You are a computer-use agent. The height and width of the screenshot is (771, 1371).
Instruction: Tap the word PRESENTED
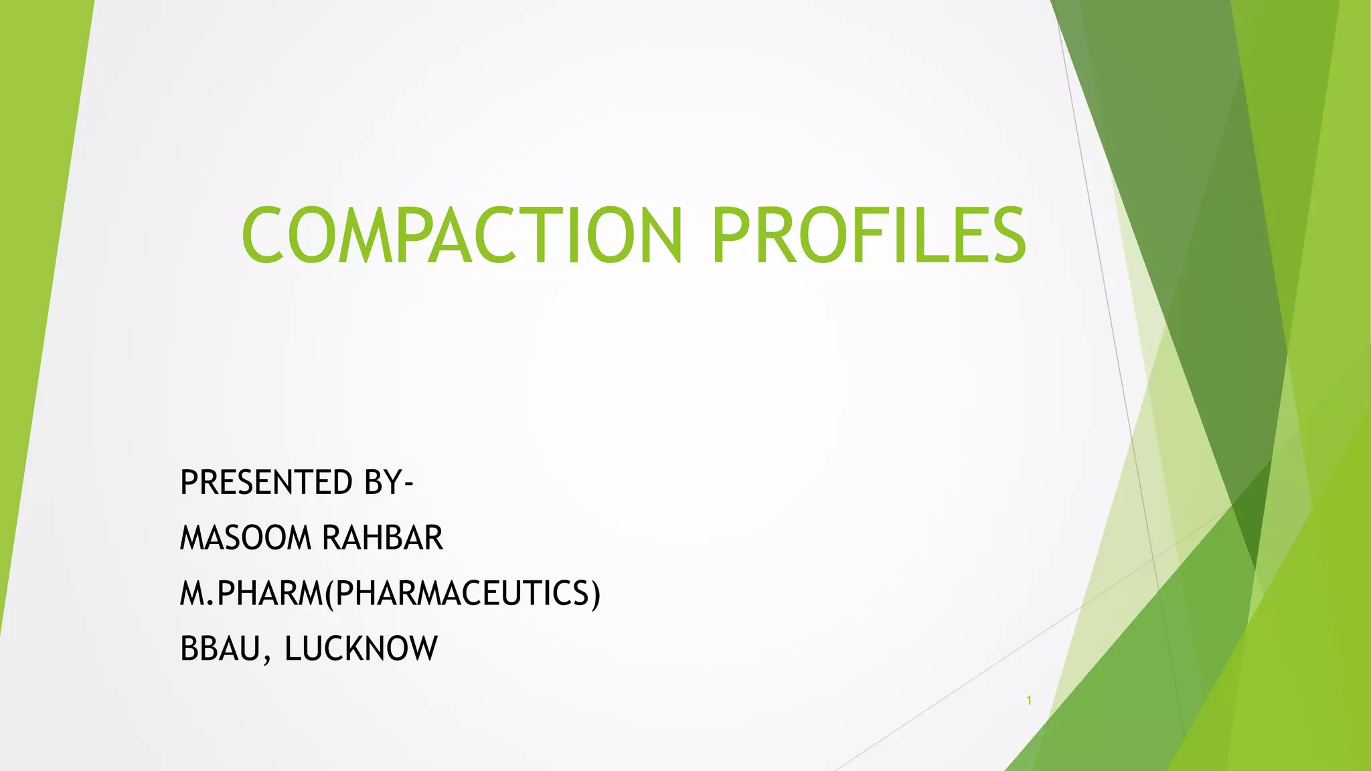(x=266, y=483)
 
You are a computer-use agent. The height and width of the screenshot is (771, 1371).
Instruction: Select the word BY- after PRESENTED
(x=388, y=483)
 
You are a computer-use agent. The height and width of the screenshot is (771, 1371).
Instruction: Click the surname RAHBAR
(x=382, y=538)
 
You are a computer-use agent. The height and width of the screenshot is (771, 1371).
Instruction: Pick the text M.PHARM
(x=252, y=594)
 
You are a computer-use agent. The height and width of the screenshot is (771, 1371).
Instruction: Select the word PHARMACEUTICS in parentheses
(x=462, y=594)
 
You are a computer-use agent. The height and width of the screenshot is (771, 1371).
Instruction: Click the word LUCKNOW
(x=361, y=649)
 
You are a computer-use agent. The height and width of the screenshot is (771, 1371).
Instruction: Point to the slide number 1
(x=1029, y=701)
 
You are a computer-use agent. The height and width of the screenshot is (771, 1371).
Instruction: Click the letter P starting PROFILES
(x=731, y=235)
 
